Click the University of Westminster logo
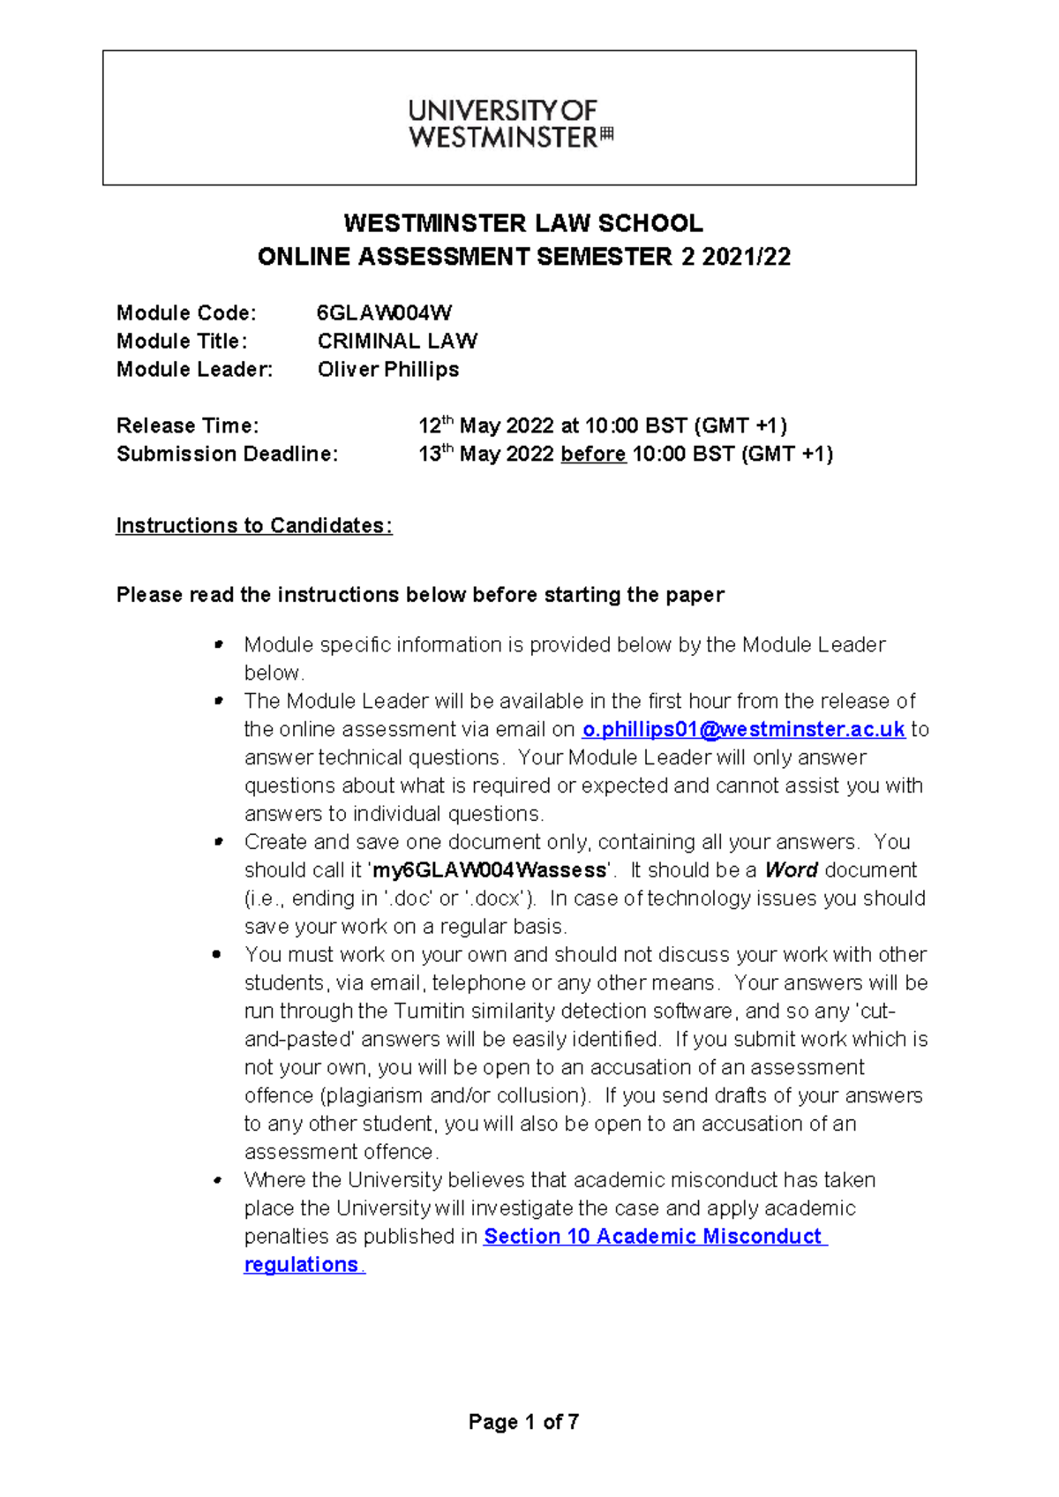pyautogui.click(x=510, y=124)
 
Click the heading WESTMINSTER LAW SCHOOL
pyautogui.click(x=522, y=222)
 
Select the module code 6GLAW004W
pyautogui.click(x=384, y=312)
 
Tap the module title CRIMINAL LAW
pyautogui.click(x=397, y=341)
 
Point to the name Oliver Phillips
pyautogui.click(x=388, y=369)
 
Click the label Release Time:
pyautogui.click(x=187, y=425)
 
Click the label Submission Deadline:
pyautogui.click(x=227, y=454)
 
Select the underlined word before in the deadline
pyautogui.click(x=593, y=454)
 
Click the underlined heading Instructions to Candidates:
pyautogui.click(x=254, y=525)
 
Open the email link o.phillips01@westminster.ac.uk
pyautogui.click(x=743, y=729)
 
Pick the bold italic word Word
pyautogui.click(x=791, y=870)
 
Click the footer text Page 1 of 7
pyautogui.click(x=523, y=1421)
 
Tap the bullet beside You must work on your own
pyautogui.click(x=217, y=954)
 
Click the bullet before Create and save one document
pyautogui.click(x=217, y=842)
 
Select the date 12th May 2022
pyautogui.click(x=485, y=425)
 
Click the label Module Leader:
pyautogui.click(x=194, y=369)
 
